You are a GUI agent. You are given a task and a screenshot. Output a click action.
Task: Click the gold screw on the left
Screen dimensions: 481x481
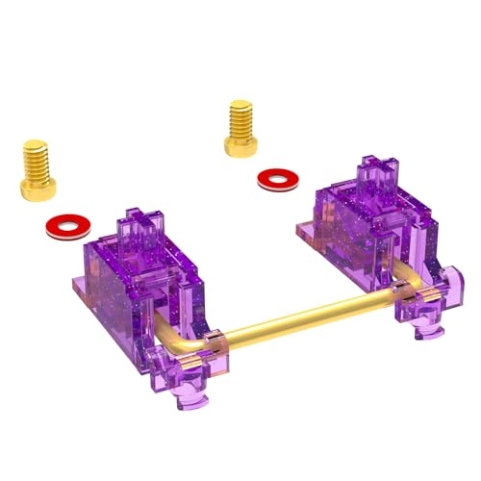point(38,168)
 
